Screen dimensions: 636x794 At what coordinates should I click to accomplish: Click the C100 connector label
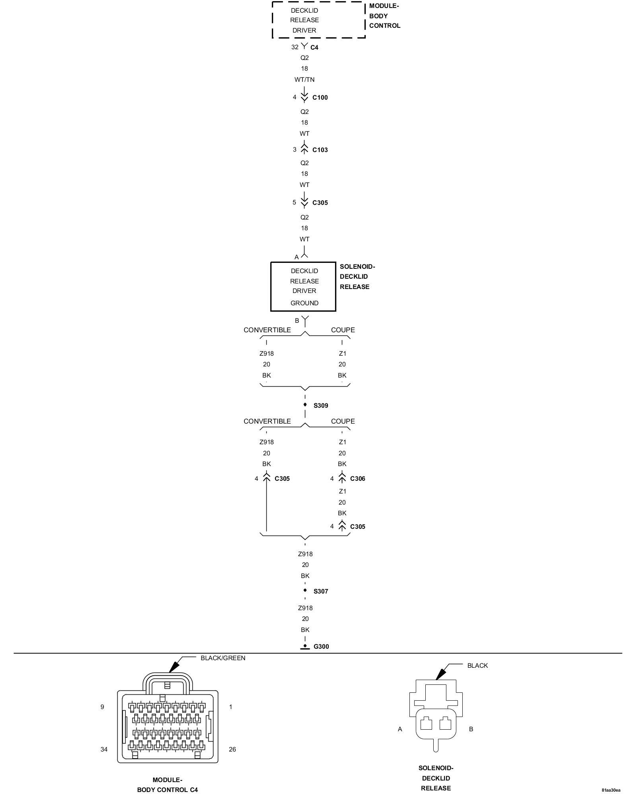pyautogui.click(x=320, y=98)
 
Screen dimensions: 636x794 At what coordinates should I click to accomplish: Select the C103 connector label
pyautogui.click(x=320, y=150)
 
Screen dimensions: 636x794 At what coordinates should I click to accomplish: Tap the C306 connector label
pyautogui.click(x=357, y=479)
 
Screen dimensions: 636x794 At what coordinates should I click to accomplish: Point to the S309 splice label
pyautogui.click(x=321, y=406)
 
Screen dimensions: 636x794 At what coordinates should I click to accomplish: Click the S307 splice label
pyautogui.click(x=321, y=592)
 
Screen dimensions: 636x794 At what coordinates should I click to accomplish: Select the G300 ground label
pyautogui.click(x=321, y=647)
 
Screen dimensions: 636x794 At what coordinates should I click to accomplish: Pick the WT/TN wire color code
pyautogui.click(x=304, y=80)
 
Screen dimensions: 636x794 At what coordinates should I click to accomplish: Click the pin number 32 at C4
pyautogui.click(x=295, y=47)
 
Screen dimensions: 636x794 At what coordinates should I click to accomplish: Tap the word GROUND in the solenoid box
pyautogui.click(x=304, y=303)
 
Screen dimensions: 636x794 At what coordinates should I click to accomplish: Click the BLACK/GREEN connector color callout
pyautogui.click(x=223, y=658)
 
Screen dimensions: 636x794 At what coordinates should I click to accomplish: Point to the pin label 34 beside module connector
pyautogui.click(x=104, y=750)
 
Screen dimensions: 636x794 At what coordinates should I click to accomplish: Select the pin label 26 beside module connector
pyautogui.click(x=233, y=750)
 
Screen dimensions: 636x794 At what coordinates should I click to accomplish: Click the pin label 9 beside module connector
pyautogui.click(x=102, y=707)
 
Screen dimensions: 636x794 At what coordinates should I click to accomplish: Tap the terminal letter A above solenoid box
pyautogui.click(x=297, y=257)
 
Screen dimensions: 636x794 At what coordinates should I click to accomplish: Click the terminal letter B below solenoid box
pyautogui.click(x=297, y=321)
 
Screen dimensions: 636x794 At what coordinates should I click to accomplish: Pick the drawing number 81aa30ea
pyautogui.click(x=611, y=790)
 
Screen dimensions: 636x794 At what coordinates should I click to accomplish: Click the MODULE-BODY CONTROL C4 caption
pyautogui.click(x=167, y=785)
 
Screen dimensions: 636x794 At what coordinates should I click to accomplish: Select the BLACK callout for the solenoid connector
pyautogui.click(x=477, y=666)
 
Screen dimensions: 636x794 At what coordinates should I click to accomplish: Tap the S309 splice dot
pyautogui.click(x=305, y=405)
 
